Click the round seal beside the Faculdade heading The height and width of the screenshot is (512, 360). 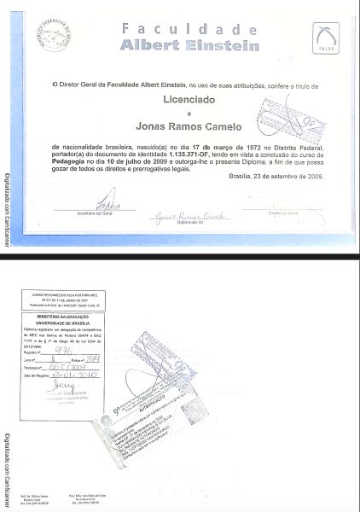point(52,37)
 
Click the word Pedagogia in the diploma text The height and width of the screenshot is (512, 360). point(74,160)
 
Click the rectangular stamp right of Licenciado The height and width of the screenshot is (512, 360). point(291,119)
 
